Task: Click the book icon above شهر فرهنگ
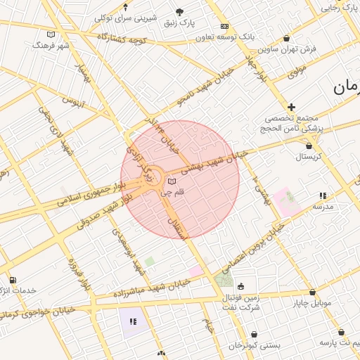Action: point(50,34)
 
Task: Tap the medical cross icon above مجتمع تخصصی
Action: point(291,107)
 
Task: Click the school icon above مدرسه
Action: point(323,195)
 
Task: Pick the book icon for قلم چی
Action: point(172,182)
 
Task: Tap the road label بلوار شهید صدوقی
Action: point(99,211)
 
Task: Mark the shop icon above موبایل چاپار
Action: point(312,292)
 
